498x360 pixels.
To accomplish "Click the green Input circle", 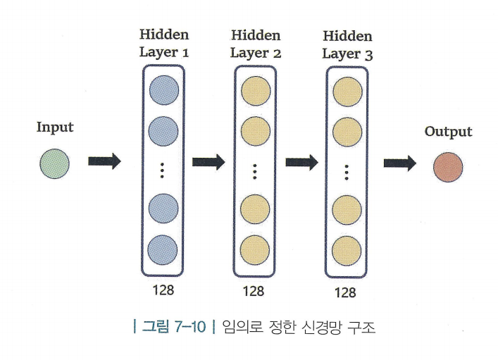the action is (54, 164).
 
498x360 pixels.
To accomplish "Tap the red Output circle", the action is (447, 167).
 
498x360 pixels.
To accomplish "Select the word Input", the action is (55, 128).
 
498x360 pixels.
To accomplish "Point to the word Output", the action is (448, 132).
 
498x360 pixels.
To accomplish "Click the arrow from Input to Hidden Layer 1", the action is (104, 161).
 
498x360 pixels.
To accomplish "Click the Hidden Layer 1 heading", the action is (164, 43).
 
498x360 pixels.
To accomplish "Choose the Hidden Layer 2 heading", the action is (256, 43).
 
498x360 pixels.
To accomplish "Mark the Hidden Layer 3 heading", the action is (347, 44).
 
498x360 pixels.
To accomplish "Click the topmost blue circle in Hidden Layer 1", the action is (163, 90).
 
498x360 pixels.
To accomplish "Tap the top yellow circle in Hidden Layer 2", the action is (256, 91).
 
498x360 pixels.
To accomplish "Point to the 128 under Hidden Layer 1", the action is (163, 290).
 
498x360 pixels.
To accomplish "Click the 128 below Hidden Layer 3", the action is (347, 292).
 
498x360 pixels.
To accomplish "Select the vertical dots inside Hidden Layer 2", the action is (255, 170).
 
